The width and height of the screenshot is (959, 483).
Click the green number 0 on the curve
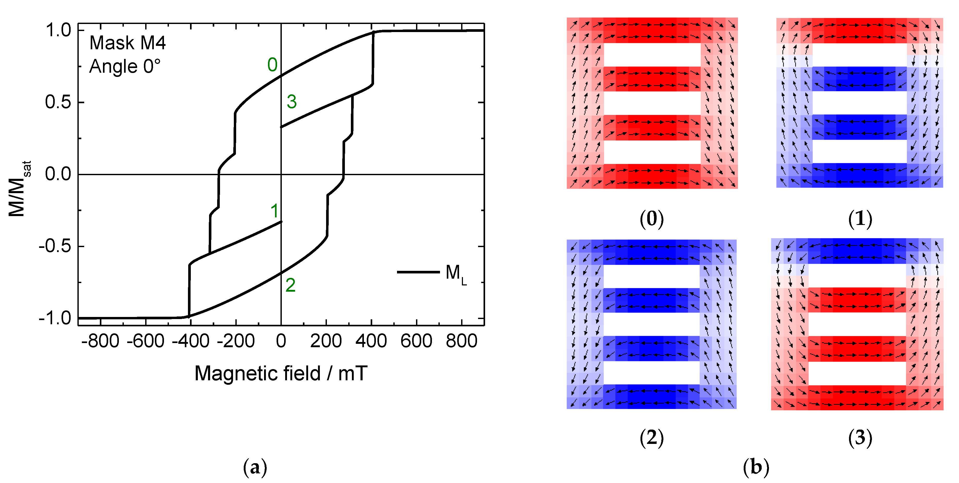[272, 65]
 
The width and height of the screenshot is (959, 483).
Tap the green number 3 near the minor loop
[291, 102]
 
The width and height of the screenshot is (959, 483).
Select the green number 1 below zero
[275, 211]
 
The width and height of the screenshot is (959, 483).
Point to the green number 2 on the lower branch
[290, 285]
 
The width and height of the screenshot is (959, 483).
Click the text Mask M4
[127, 43]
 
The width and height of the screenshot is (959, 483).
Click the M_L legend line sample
[418, 272]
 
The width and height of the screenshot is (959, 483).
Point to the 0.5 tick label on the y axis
[58, 102]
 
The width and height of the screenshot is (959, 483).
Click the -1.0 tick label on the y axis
[55, 319]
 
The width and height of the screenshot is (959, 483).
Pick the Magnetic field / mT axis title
[281, 374]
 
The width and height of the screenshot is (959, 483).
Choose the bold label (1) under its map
[860, 219]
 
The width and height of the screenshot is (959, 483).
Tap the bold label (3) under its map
[860, 438]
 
